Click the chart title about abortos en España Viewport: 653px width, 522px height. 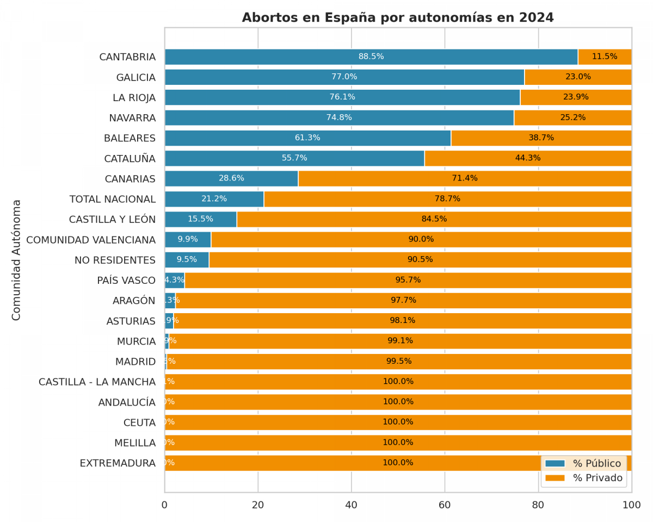397,18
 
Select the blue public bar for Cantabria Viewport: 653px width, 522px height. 272,57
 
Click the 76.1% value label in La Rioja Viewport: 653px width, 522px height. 342,97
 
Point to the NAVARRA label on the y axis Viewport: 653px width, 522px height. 132,118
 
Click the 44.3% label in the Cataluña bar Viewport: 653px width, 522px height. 527,158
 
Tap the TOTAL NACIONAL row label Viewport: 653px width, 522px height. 113,199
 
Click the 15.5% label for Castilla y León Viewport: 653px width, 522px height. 200,219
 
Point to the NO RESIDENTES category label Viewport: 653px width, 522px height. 115,260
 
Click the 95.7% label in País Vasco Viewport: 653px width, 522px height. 408,280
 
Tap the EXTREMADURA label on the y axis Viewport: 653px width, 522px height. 118,463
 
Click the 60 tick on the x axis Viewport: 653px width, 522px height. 445,505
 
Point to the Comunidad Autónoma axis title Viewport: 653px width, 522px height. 17,260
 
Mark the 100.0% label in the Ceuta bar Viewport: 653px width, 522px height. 398,422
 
